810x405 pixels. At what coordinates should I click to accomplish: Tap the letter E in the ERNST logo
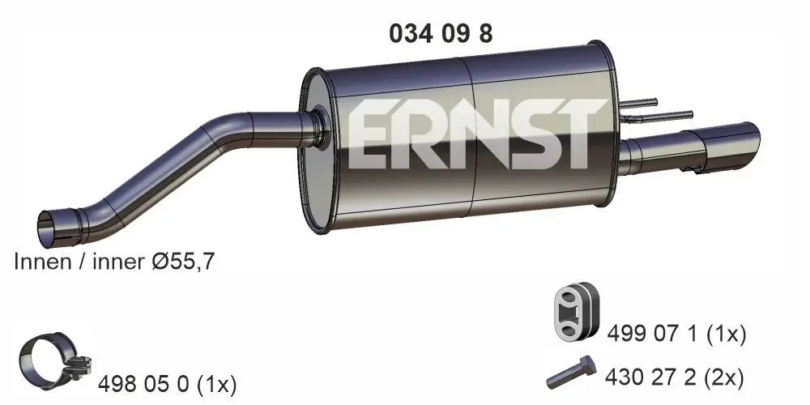(x=373, y=135)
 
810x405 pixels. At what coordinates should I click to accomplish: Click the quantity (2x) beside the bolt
(x=723, y=377)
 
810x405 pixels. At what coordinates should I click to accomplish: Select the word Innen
(x=40, y=261)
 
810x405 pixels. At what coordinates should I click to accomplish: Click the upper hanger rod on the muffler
(x=641, y=102)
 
